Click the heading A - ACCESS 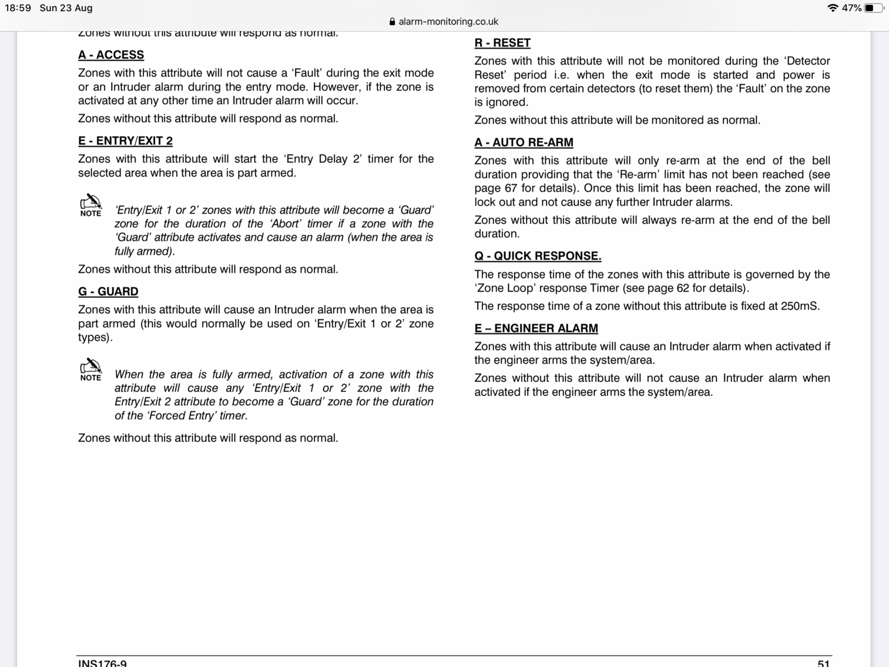pos(111,55)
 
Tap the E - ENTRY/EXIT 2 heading pos(126,141)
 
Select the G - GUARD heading pos(108,292)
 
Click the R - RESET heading pos(502,43)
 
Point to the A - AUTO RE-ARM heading pos(524,142)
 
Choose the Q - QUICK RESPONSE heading pos(538,256)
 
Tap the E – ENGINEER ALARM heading pos(536,328)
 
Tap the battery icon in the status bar pos(873,8)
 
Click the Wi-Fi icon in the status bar pos(832,8)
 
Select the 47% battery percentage pos(852,8)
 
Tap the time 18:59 pos(18,8)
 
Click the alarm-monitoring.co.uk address pos(448,22)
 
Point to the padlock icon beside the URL pos(392,22)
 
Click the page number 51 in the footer pos(823,663)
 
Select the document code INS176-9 pos(102,663)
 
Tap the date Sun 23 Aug pos(66,8)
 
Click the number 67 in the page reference pos(511,188)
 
